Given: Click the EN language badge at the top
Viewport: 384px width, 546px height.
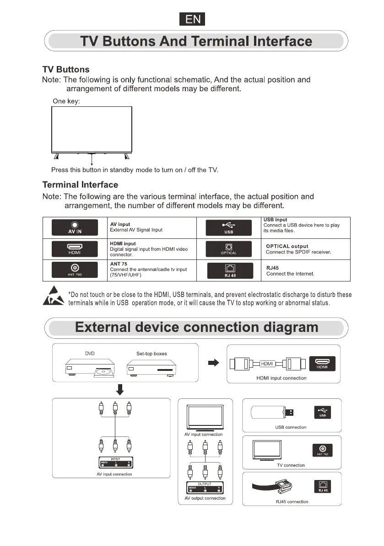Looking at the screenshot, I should tap(192, 20).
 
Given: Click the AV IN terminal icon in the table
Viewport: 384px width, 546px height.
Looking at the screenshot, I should tap(75, 227).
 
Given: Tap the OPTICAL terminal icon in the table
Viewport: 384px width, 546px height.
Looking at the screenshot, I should tap(228, 249).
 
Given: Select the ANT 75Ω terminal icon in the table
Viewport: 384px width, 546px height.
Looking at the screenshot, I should tap(75, 270).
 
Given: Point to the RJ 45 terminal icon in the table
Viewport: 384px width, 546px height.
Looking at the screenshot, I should tap(228, 270).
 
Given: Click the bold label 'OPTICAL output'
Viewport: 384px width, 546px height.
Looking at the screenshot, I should tap(287, 246).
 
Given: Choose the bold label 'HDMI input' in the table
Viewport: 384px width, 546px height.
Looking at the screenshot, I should tap(123, 243).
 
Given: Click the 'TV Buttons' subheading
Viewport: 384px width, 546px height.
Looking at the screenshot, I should tap(66, 70).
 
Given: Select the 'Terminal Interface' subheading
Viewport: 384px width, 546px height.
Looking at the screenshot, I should tap(80, 185).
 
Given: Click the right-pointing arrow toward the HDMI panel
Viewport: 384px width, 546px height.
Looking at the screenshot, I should tap(213, 363).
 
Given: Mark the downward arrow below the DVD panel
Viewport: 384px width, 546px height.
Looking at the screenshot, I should tap(120, 389).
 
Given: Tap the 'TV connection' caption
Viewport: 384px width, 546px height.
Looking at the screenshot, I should tap(291, 465).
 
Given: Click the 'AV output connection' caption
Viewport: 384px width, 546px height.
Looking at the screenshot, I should tap(205, 498).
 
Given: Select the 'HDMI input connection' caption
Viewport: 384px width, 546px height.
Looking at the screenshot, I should tap(281, 378).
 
